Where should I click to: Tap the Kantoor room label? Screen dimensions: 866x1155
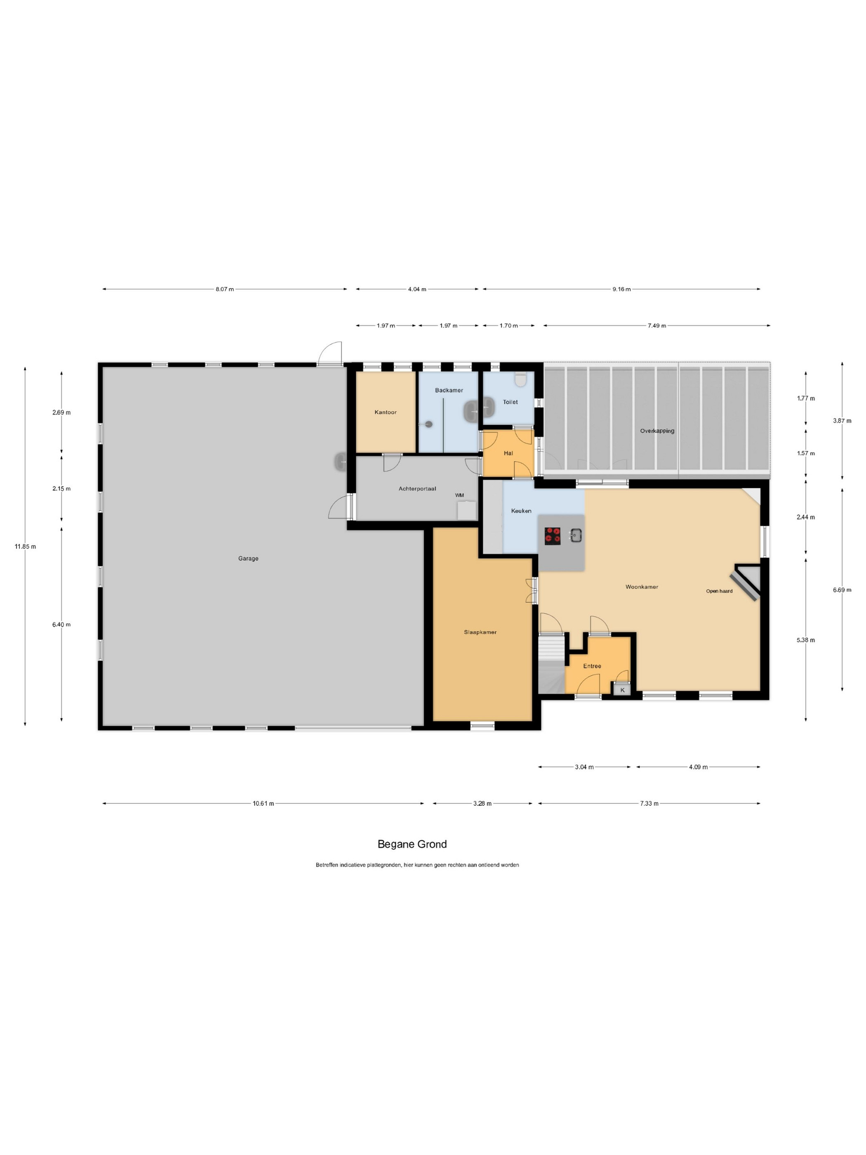pyautogui.click(x=385, y=412)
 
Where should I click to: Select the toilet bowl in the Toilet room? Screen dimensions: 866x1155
pyautogui.click(x=520, y=379)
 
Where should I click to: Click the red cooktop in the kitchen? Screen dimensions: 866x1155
pyautogui.click(x=552, y=536)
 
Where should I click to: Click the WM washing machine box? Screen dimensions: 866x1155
pyautogui.click(x=467, y=509)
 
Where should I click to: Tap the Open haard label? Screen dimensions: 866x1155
pyautogui.click(x=719, y=591)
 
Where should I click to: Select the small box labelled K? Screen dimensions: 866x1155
pyautogui.click(x=622, y=690)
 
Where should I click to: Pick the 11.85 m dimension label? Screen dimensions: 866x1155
pyautogui.click(x=25, y=546)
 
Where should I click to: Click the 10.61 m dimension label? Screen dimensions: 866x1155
pyautogui.click(x=263, y=803)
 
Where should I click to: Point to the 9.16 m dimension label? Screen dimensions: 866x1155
pyautogui.click(x=621, y=289)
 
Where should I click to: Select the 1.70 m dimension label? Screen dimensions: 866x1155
pyautogui.click(x=508, y=325)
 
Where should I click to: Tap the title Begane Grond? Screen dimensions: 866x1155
pyautogui.click(x=412, y=844)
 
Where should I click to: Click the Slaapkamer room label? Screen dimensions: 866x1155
pyautogui.click(x=480, y=632)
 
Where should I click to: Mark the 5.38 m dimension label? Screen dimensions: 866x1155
pyautogui.click(x=805, y=640)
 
